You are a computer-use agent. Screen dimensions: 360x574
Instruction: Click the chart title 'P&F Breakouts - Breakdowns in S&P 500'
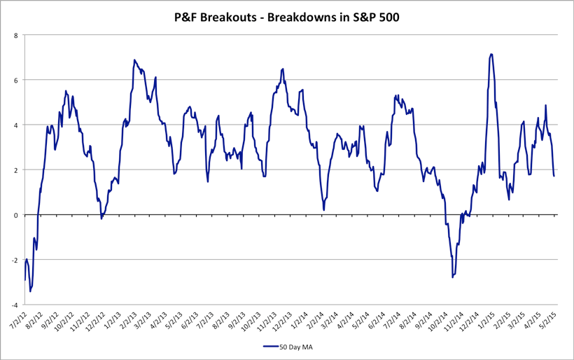[286, 18]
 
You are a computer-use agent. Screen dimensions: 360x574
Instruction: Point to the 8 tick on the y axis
[16, 34]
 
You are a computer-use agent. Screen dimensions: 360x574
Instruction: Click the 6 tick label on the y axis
[16, 80]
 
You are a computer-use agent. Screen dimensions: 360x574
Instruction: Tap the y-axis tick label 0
[16, 215]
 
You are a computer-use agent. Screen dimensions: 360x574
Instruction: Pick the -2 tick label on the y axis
[15, 260]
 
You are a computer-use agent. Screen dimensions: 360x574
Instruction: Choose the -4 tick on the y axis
[15, 305]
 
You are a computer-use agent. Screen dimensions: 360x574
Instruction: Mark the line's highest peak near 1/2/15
[491, 54]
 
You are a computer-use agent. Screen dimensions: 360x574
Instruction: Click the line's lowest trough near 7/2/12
[30, 291]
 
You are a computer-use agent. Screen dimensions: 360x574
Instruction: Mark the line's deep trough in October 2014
[453, 277]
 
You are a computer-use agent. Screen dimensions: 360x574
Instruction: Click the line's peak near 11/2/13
[283, 69]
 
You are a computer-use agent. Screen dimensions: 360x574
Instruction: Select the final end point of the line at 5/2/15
[554, 176]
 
